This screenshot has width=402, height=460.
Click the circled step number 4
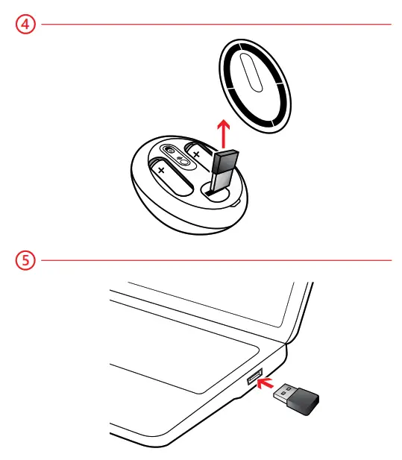(25, 24)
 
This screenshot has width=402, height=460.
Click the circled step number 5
(25, 261)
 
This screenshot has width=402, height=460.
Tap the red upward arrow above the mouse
(222, 135)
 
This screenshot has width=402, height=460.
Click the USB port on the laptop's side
(254, 376)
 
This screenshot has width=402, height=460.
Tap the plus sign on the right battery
(197, 153)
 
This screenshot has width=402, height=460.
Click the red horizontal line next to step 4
(216, 24)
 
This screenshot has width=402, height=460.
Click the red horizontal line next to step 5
(216, 261)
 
